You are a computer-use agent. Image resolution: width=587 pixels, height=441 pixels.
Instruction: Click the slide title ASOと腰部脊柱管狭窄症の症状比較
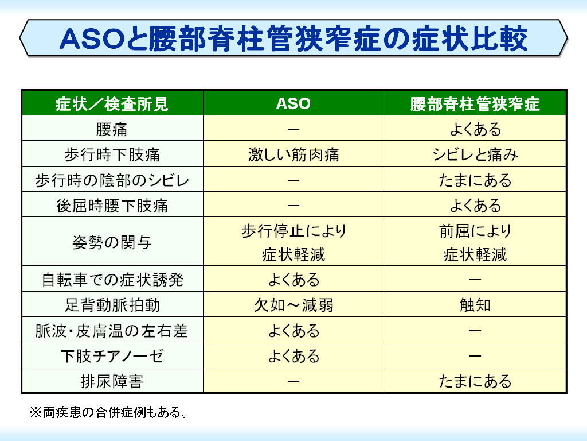coord(293,39)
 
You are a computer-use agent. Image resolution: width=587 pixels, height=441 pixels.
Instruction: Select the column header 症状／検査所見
coord(112,104)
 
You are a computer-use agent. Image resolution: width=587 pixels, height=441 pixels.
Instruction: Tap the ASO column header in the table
coord(293,103)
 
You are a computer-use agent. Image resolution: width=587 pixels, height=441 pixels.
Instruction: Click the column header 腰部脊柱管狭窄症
coord(475,104)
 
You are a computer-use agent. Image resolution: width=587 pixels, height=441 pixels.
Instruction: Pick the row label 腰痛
coord(112,129)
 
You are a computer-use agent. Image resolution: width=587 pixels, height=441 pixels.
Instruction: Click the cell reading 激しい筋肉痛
coord(293,154)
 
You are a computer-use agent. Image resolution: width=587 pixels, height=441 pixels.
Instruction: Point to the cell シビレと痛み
coord(475,154)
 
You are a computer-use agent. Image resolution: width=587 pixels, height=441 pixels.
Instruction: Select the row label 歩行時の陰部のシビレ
coord(112,180)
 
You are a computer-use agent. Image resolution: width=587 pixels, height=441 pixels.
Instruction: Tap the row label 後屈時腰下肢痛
coord(112,206)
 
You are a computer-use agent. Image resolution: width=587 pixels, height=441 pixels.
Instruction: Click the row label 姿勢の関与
coord(112,242)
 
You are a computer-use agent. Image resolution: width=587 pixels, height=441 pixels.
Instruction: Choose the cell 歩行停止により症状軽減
coord(293,242)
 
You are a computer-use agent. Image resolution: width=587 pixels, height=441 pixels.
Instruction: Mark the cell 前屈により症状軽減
coord(475,242)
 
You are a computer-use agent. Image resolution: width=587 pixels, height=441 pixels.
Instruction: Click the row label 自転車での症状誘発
coord(112,280)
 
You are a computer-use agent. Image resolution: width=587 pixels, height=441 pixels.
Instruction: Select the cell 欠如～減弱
coord(293,305)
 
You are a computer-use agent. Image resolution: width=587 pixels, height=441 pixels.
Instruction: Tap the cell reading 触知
coord(475,305)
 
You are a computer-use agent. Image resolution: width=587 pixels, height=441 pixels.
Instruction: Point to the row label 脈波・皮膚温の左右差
coord(112,331)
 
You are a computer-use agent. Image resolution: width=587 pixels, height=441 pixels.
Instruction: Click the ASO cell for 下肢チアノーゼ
coord(293,356)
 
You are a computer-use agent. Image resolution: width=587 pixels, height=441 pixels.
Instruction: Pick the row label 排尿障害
coord(112,381)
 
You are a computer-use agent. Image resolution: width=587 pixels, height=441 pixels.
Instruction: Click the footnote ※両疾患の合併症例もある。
coord(108,412)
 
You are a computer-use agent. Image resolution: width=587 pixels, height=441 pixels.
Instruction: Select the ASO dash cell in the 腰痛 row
coord(293,129)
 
